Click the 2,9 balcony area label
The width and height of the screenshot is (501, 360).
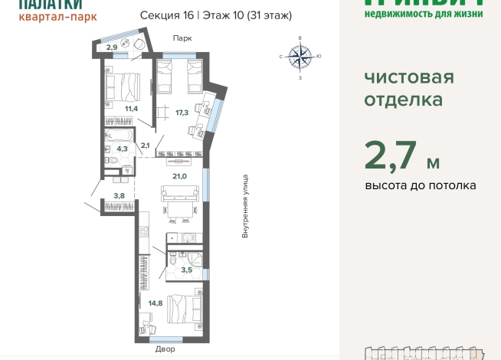112,47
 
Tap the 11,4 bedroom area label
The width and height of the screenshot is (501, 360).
132,108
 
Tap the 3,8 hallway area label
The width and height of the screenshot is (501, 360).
119,195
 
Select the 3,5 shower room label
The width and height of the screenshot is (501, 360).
186,270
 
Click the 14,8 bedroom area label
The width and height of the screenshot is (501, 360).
156,303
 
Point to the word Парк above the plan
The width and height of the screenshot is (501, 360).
182,38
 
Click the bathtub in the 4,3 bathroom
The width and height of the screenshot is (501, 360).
120,139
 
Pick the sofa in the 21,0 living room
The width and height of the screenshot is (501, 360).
180,197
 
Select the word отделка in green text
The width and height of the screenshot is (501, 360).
404,100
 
